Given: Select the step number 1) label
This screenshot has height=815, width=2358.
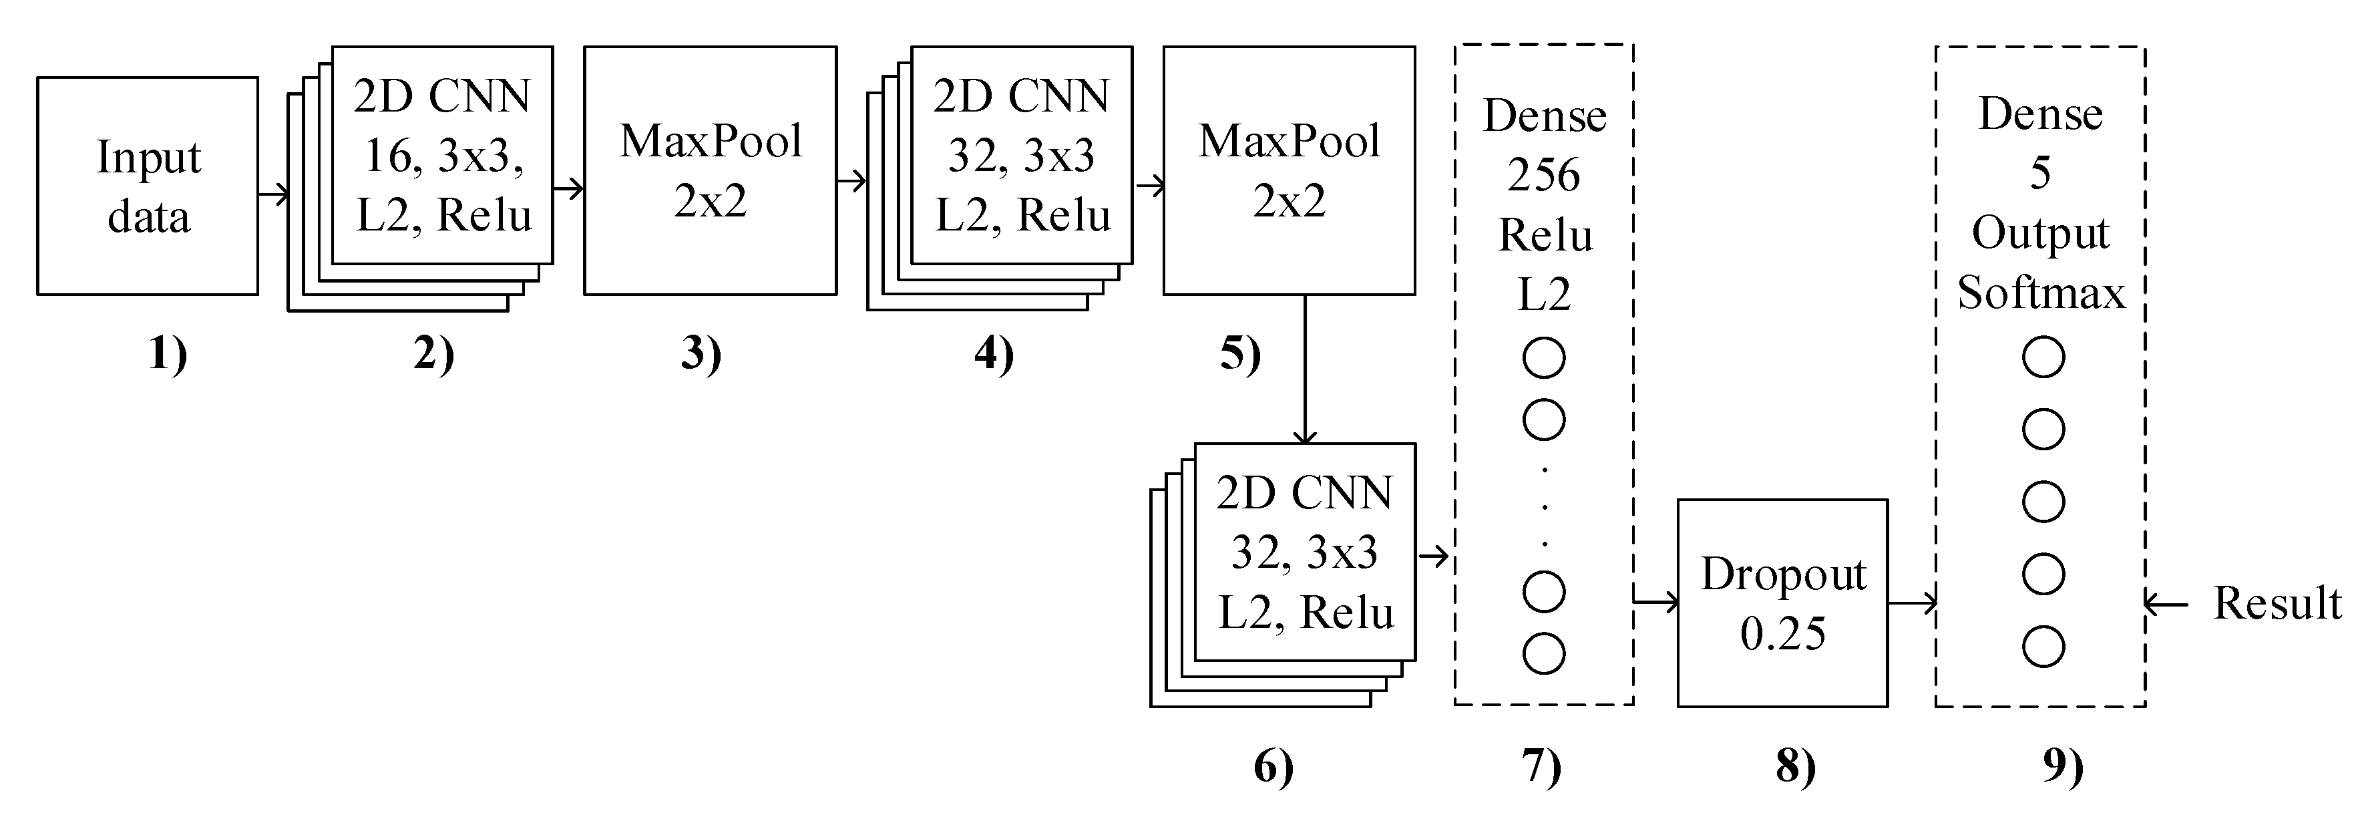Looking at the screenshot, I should (168, 353).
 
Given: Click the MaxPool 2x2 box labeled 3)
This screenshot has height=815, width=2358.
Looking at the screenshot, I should (711, 171).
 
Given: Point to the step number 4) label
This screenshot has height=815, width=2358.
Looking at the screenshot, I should (994, 353).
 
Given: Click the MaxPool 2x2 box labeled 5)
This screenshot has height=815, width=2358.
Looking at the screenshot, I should (1289, 171).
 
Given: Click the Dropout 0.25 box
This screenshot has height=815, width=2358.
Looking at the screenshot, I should (1782, 603).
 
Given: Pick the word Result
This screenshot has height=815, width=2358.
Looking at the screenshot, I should (2277, 603).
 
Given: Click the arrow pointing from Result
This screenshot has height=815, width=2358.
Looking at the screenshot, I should (2166, 603).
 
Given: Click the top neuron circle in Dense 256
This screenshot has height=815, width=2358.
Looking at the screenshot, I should (1543, 357).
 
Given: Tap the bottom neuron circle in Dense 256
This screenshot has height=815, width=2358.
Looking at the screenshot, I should (1543, 653).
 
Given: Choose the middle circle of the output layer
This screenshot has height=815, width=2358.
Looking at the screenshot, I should (2043, 502).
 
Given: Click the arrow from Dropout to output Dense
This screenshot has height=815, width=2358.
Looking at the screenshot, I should (1911, 603).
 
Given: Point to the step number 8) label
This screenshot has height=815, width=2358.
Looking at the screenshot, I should (1795, 766).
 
